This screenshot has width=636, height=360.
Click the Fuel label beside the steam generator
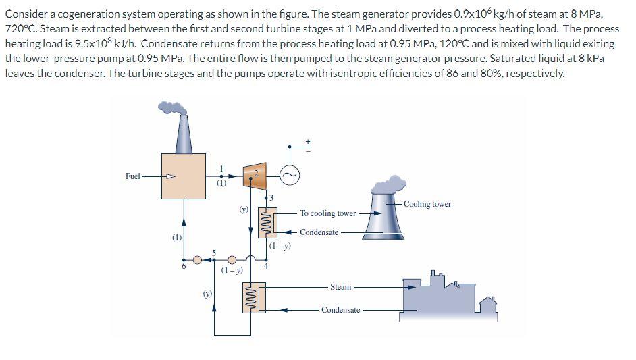(133, 176)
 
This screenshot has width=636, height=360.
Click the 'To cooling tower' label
(327, 213)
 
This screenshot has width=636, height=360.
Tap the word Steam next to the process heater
(341, 287)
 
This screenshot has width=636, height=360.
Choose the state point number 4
(265, 266)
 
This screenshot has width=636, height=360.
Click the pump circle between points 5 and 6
(197, 259)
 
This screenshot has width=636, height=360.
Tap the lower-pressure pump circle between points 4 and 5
(232, 259)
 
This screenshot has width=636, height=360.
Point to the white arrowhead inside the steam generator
(171, 177)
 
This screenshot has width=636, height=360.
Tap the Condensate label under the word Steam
(341, 310)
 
